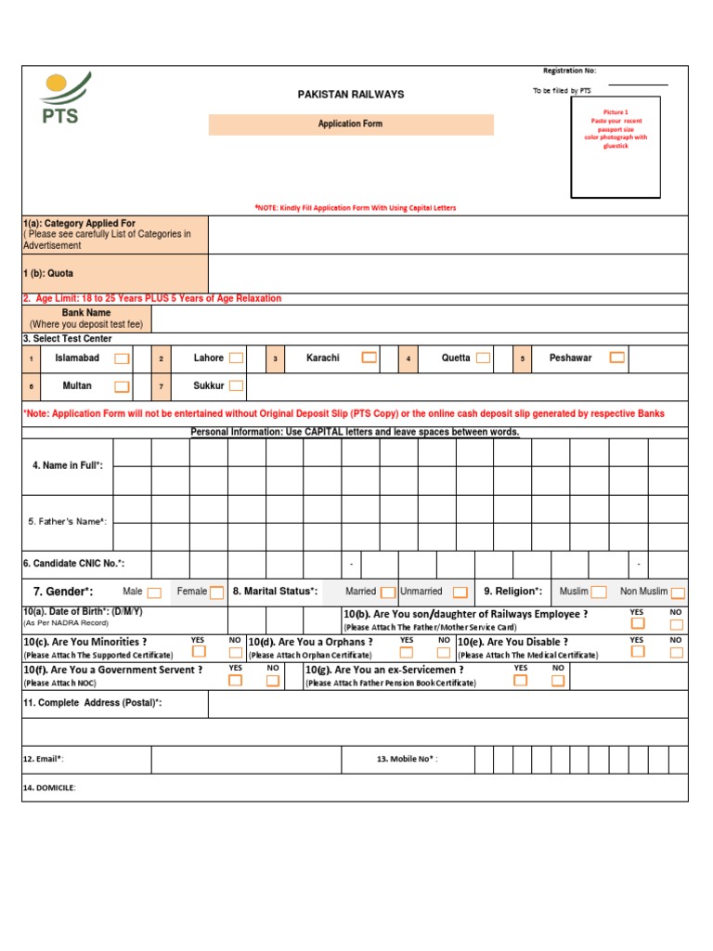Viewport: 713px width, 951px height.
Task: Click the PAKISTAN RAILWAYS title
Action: pos(350,95)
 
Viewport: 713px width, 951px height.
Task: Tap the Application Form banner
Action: pos(351,124)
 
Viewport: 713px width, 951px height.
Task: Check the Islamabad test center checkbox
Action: pos(122,358)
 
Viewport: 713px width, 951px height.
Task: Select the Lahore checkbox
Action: pos(237,358)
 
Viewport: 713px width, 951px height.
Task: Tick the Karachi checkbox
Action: pos(369,358)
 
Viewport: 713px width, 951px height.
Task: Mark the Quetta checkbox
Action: pos(483,358)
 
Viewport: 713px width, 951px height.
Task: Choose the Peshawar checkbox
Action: pos(617,358)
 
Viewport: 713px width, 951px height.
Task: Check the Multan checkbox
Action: pos(122,386)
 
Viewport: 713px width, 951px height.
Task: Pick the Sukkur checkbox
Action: pos(237,386)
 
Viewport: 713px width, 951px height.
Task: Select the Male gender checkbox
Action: pos(154,593)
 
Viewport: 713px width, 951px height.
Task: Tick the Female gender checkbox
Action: pos(216,593)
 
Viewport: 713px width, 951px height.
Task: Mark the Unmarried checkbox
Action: pos(460,593)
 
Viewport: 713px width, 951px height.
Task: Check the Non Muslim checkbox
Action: pos(678,593)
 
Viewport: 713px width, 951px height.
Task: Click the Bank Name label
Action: pos(86,314)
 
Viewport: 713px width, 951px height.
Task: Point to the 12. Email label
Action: pos(44,760)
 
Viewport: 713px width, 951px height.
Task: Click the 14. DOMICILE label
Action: pos(49,788)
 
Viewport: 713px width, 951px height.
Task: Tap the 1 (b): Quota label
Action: pos(48,274)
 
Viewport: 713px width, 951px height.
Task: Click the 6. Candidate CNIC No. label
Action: pos(73,564)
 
